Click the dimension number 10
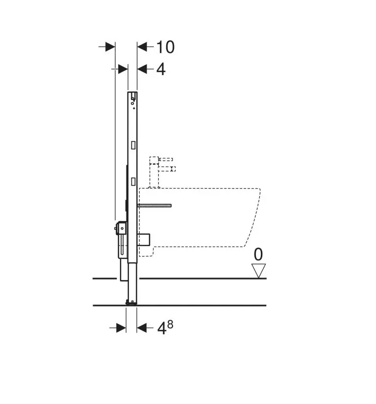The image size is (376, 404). pos(165,47)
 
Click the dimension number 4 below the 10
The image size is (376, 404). pos(161,69)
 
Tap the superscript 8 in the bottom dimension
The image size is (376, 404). pos(170,325)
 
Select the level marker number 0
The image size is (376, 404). pos(258,254)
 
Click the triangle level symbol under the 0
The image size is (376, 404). pos(258,271)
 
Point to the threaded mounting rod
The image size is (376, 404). pos(154,205)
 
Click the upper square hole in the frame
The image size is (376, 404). pos(133,145)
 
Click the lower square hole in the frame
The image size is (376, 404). pos(133,181)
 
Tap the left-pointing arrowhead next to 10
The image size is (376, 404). pos(142,47)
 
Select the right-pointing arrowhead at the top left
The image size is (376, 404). pos(110,47)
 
